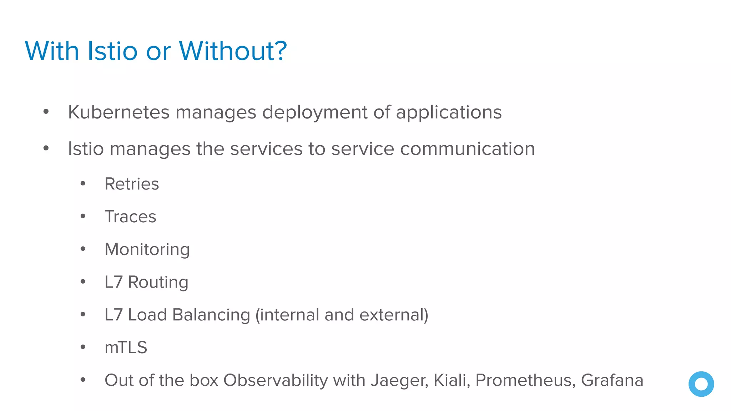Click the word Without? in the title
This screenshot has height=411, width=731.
pos(233,51)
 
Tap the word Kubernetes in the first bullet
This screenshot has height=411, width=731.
pos(119,112)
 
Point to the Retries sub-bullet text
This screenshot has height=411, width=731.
pos(132,184)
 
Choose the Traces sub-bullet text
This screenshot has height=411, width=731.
pos(130,217)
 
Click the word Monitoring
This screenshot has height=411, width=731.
pos(147,250)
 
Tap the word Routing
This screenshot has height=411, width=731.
pos(158,283)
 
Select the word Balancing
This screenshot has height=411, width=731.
pos(211,315)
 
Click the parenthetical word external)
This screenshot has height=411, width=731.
pos(394,315)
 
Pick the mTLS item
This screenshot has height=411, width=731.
pos(126,347)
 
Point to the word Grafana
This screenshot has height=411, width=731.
pos(612,380)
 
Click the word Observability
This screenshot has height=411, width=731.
pos(275,381)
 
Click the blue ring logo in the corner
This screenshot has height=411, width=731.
pos(701,384)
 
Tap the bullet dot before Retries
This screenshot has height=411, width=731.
pos(83,184)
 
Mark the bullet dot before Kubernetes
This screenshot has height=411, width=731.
pos(46,112)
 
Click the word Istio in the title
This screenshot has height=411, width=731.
pos(112,51)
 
